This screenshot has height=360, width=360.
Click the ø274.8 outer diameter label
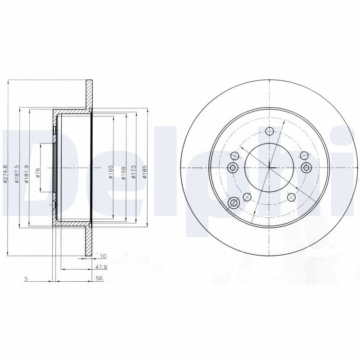pos(5,173)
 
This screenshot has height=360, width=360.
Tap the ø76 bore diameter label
pos(38,173)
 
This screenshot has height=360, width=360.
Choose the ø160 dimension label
pos(110,172)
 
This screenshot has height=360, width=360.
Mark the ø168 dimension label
pos(123,173)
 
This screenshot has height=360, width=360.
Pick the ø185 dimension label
pos(144,172)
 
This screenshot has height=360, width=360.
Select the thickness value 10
pos(103,256)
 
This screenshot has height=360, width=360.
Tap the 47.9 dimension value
pos(101,267)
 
